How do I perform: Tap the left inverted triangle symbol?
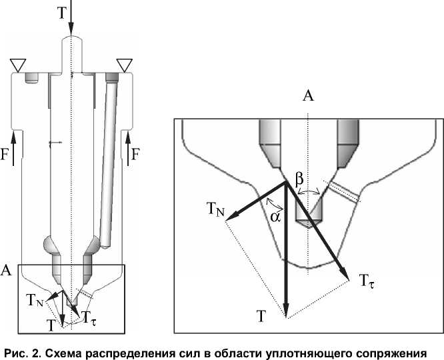17,65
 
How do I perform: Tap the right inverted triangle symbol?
124,65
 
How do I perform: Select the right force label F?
136,155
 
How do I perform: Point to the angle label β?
299,179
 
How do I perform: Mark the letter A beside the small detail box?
6,269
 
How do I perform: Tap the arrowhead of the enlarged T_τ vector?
346,275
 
